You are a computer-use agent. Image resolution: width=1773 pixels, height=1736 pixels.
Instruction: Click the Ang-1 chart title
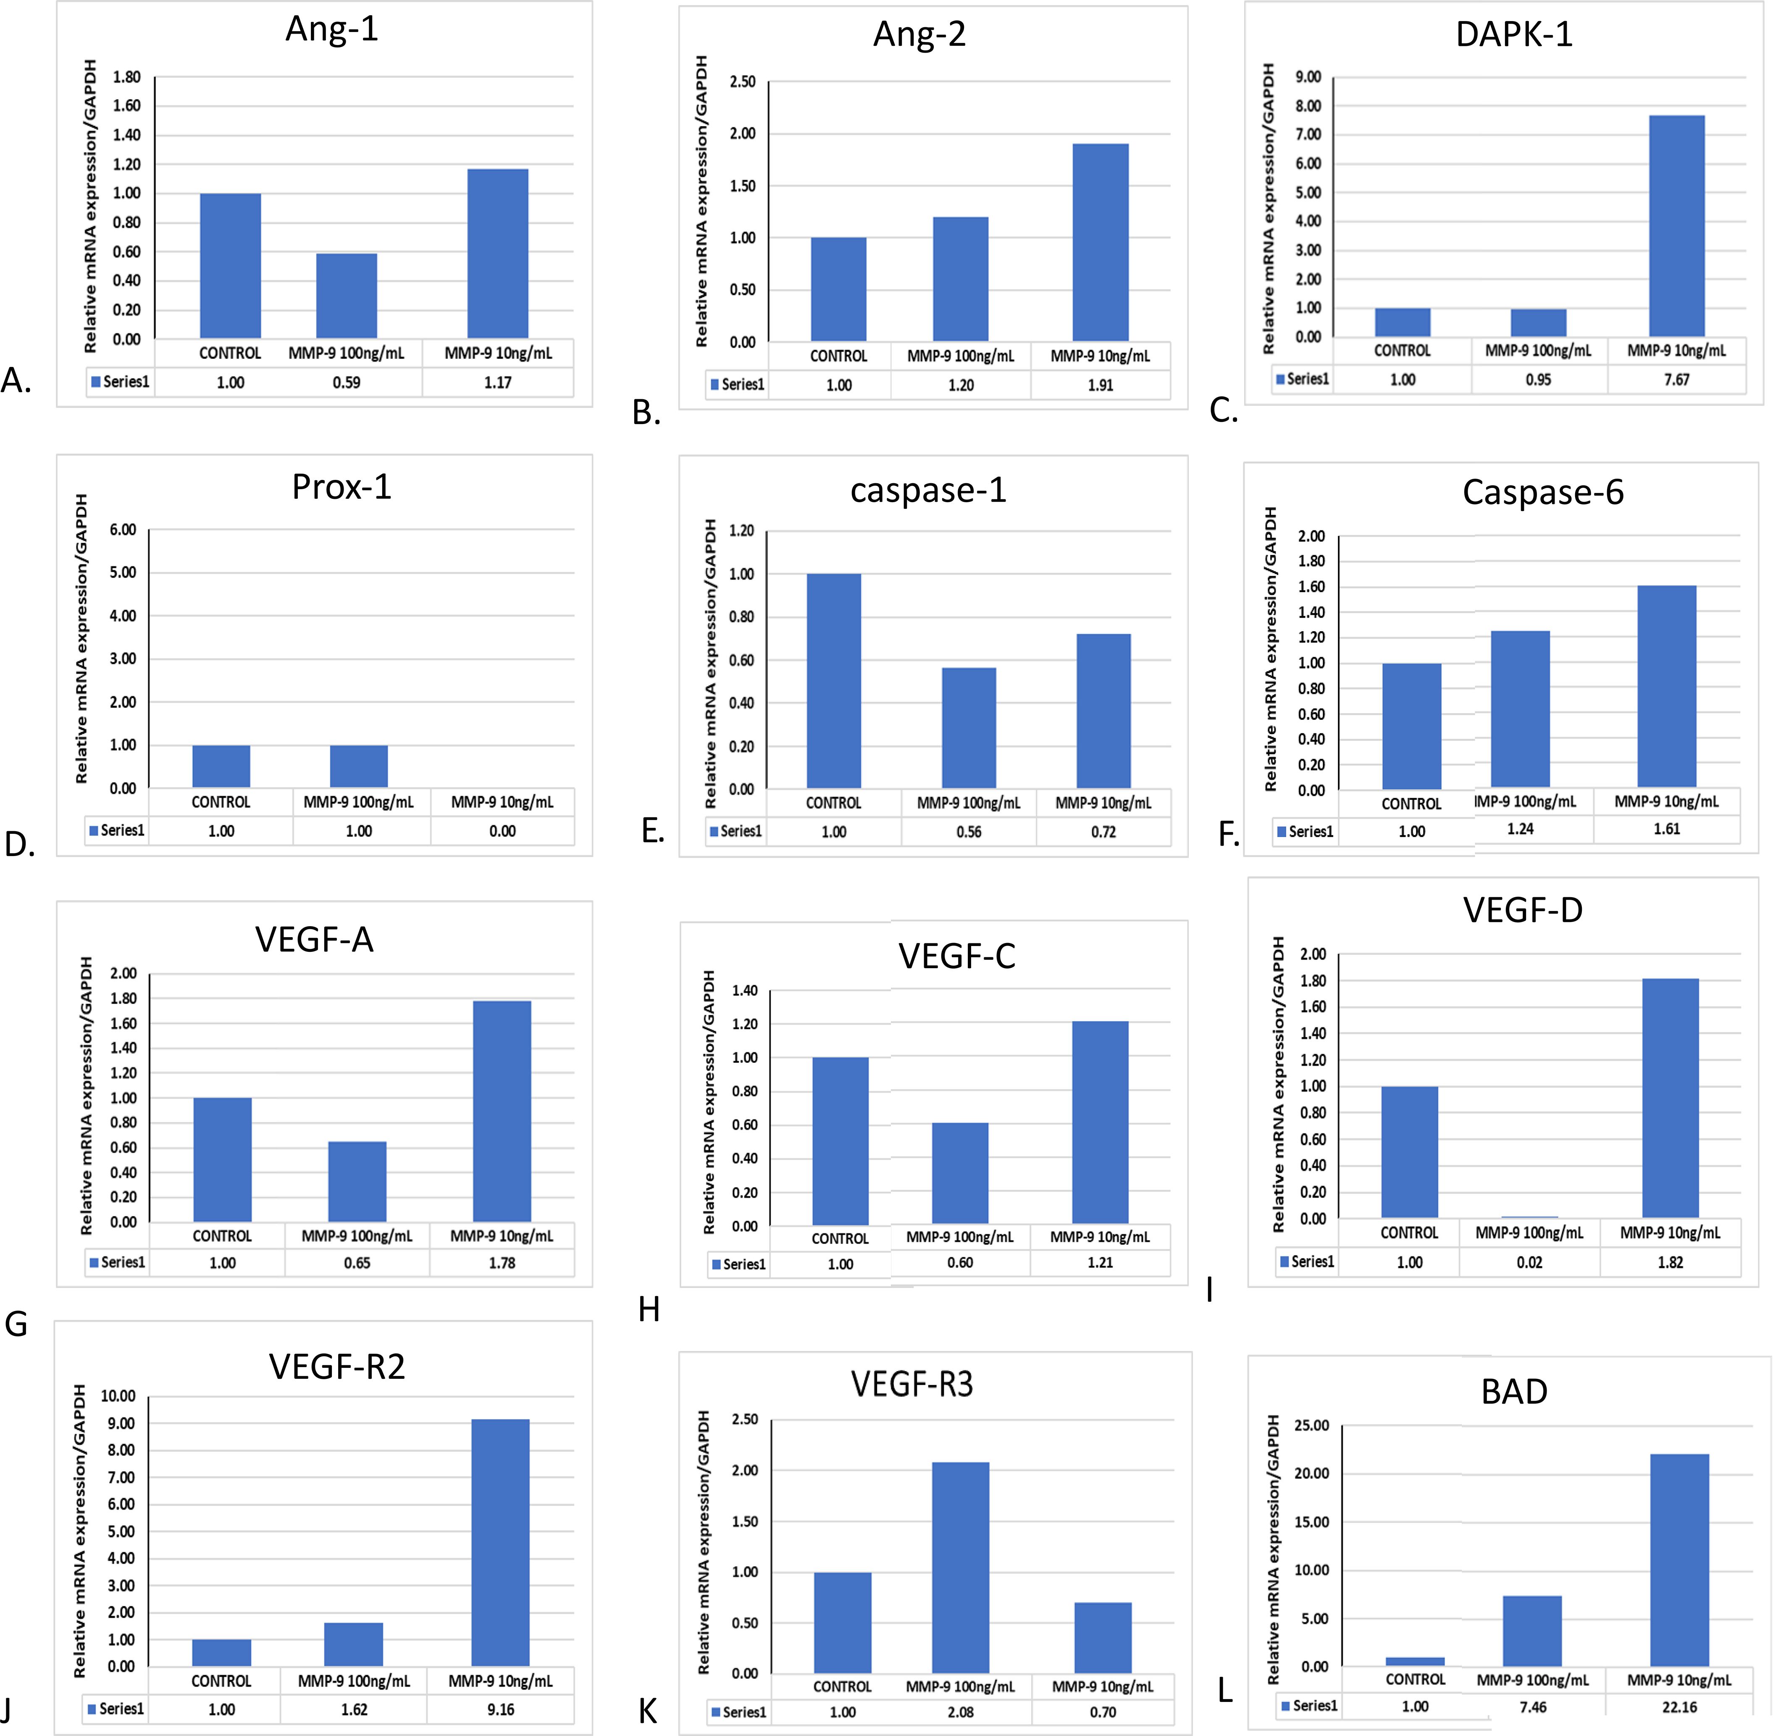[332, 29]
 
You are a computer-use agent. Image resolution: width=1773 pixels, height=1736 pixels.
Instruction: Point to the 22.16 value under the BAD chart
[1679, 1707]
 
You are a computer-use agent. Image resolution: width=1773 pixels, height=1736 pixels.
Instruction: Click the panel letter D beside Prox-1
[19, 845]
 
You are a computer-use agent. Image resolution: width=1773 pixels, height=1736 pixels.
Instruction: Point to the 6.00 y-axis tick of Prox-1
[123, 530]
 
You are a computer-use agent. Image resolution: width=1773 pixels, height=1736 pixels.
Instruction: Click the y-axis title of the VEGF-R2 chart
[80, 1532]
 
